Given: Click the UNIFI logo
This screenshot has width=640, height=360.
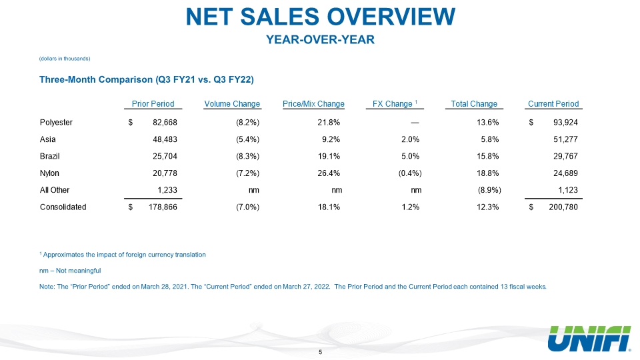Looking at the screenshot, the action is [589, 339].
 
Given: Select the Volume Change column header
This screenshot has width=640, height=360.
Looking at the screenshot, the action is [232, 104].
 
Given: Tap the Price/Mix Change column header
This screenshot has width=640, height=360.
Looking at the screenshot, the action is [313, 104].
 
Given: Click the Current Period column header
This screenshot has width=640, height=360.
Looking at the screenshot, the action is [553, 104].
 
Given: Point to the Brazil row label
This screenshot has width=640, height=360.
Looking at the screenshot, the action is [50, 156].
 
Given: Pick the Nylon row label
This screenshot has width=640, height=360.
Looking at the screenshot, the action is [49, 173].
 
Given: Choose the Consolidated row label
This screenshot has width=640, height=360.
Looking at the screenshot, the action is [63, 207].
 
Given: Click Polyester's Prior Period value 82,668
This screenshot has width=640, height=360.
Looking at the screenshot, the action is [165, 123].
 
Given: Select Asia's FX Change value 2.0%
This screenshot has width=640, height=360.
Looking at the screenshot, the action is [410, 139].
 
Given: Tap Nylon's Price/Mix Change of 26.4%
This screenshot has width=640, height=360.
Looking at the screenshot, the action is [329, 173].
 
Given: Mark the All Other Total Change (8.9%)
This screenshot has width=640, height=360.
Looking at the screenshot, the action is [489, 190].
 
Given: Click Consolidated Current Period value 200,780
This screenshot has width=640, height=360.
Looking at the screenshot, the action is [563, 207].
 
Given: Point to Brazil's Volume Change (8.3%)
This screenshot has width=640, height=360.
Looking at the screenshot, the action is [248, 156].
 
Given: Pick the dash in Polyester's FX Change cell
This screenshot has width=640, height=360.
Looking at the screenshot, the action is [415, 123].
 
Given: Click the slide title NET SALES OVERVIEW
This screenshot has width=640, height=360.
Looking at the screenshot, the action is [321, 17].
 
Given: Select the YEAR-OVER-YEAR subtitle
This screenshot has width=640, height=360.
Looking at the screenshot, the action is [321, 39].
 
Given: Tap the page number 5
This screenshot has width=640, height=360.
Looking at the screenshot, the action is [321, 352].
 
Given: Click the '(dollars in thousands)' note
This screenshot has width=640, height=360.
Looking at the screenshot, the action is [65, 59].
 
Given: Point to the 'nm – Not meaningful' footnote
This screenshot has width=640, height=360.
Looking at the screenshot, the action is [70, 271].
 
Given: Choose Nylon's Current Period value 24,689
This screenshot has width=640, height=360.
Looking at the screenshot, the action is [565, 173].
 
